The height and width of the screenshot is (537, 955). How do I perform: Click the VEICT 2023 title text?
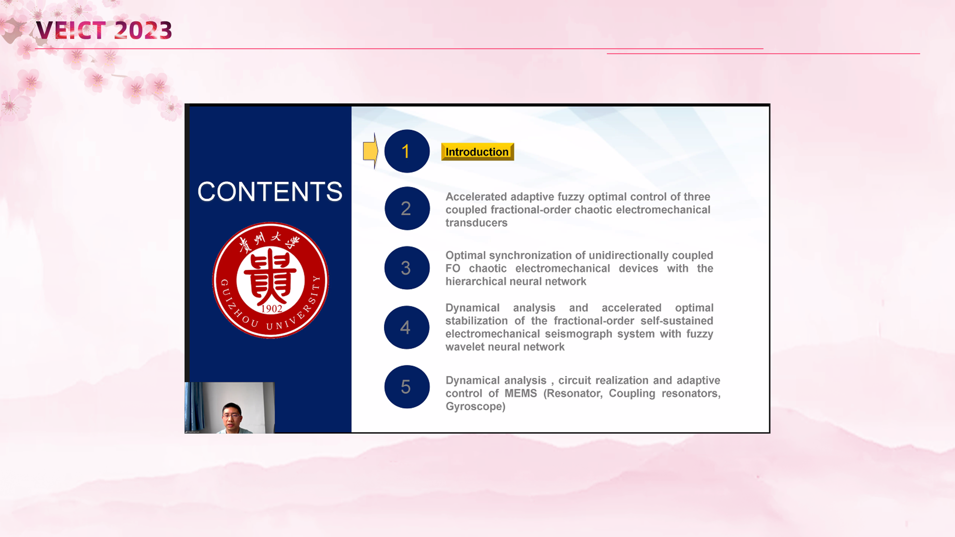(x=104, y=30)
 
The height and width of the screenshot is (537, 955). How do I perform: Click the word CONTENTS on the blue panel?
(x=270, y=191)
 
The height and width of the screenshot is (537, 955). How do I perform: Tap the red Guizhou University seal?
(x=271, y=280)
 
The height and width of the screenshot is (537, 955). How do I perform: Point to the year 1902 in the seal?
(x=272, y=309)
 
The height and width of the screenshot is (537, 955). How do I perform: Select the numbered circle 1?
(x=407, y=151)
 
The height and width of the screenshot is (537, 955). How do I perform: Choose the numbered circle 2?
(x=407, y=208)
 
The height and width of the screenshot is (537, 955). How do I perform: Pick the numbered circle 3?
(x=407, y=268)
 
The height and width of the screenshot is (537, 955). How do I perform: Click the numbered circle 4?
(x=406, y=327)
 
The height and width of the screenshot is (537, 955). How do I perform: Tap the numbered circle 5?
(x=407, y=387)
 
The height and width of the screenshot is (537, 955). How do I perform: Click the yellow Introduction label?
(x=477, y=152)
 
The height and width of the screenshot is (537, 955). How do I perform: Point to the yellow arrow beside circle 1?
(x=371, y=151)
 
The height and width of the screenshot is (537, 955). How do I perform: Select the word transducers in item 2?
(x=477, y=223)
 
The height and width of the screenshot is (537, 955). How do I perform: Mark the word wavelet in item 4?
(x=464, y=347)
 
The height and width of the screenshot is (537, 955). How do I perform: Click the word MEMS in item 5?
(x=521, y=393)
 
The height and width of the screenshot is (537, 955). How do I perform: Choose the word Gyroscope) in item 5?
(x=476, y=407)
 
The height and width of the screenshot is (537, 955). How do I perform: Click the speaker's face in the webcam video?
(x=232, y=416)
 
